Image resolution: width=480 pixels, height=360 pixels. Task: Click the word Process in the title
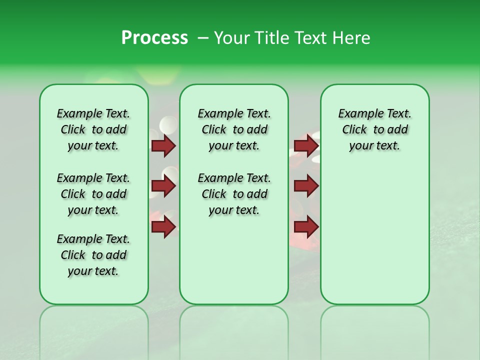point(154,38)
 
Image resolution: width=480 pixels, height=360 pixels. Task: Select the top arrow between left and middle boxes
point(163,145)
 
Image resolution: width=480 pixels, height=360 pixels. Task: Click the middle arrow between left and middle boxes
point(163,186)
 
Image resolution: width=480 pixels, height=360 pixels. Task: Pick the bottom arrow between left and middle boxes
point(163,227)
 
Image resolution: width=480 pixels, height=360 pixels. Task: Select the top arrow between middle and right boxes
point(306,145)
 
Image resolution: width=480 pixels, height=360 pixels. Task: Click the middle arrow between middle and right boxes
point(306,186)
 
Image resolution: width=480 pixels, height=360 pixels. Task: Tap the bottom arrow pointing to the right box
point(306,227)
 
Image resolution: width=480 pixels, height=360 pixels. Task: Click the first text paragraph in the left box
point(93,129)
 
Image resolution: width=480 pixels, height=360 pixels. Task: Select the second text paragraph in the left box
point(93,194)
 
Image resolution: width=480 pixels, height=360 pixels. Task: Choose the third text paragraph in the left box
point(93,255)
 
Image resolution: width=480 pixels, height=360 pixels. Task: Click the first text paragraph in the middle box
point(234,129)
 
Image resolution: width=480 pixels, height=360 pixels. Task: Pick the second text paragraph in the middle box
point(234,194)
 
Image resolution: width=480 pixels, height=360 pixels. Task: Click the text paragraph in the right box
point(374,129)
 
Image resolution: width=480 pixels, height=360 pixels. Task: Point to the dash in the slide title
point(203,38)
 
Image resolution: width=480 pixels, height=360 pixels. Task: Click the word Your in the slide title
point(231,38)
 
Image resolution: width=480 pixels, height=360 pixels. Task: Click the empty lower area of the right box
point(374,240)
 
